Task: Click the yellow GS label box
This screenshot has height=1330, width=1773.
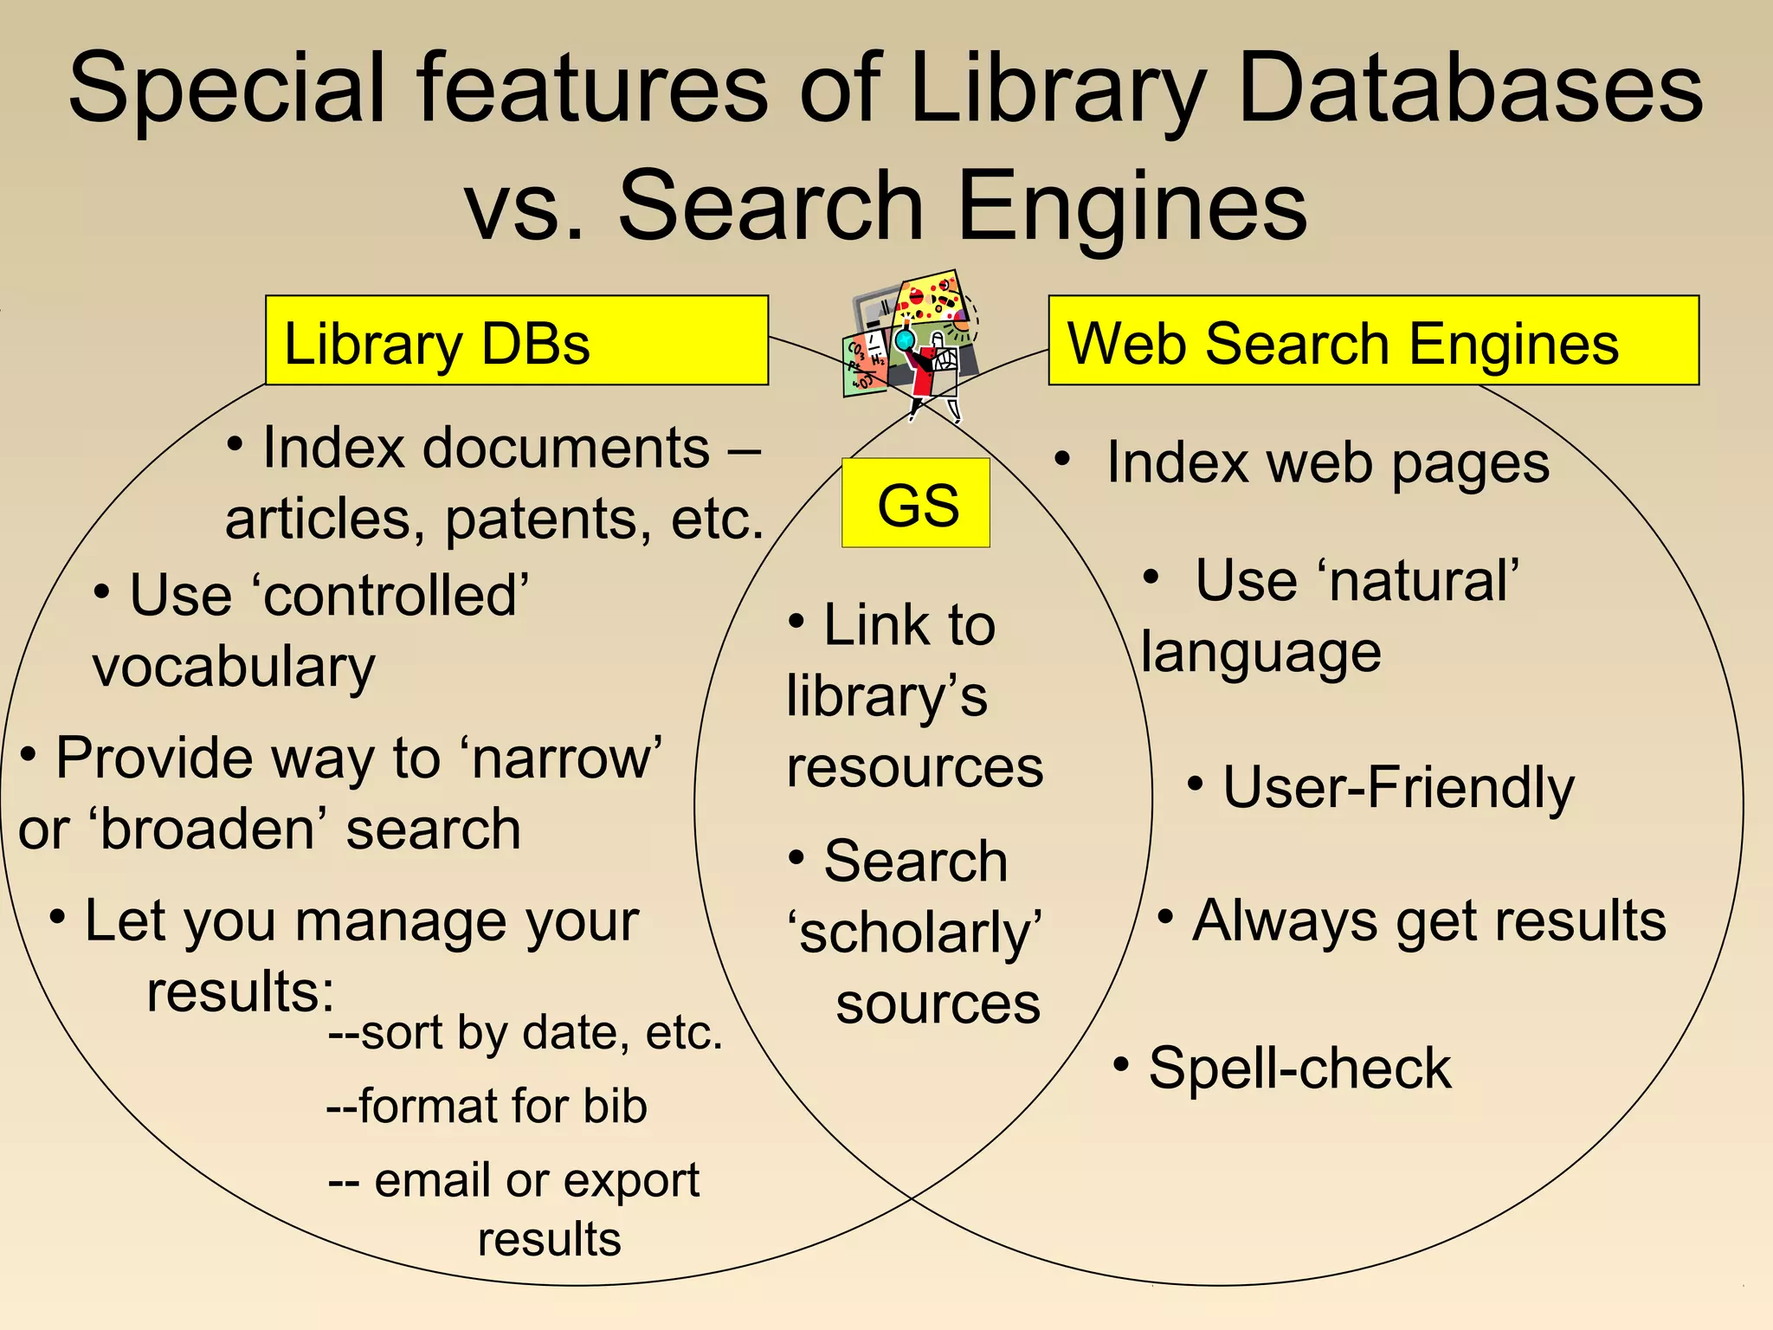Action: [x=915, y=503]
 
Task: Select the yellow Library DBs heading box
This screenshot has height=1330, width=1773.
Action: [x=517, y=340]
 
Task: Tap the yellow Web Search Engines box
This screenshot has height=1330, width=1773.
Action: [x=1373, y=340]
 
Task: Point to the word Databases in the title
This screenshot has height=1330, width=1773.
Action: [x=1471, y=89]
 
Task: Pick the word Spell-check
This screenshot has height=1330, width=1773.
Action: [x=1299, y=1069]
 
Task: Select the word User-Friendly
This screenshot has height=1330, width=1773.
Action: [x=1397, y=788]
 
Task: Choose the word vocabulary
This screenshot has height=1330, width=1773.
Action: [x=234, y=668]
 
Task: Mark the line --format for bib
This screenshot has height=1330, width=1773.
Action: [x=487, y=1107]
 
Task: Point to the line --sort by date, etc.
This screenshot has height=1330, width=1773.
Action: [x=525, y=1032]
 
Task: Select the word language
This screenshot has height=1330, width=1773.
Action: [x=1260, y=654]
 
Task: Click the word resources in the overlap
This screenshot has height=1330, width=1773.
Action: [x=915, y=768]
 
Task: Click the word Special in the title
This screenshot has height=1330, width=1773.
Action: [x=227, y=89]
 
